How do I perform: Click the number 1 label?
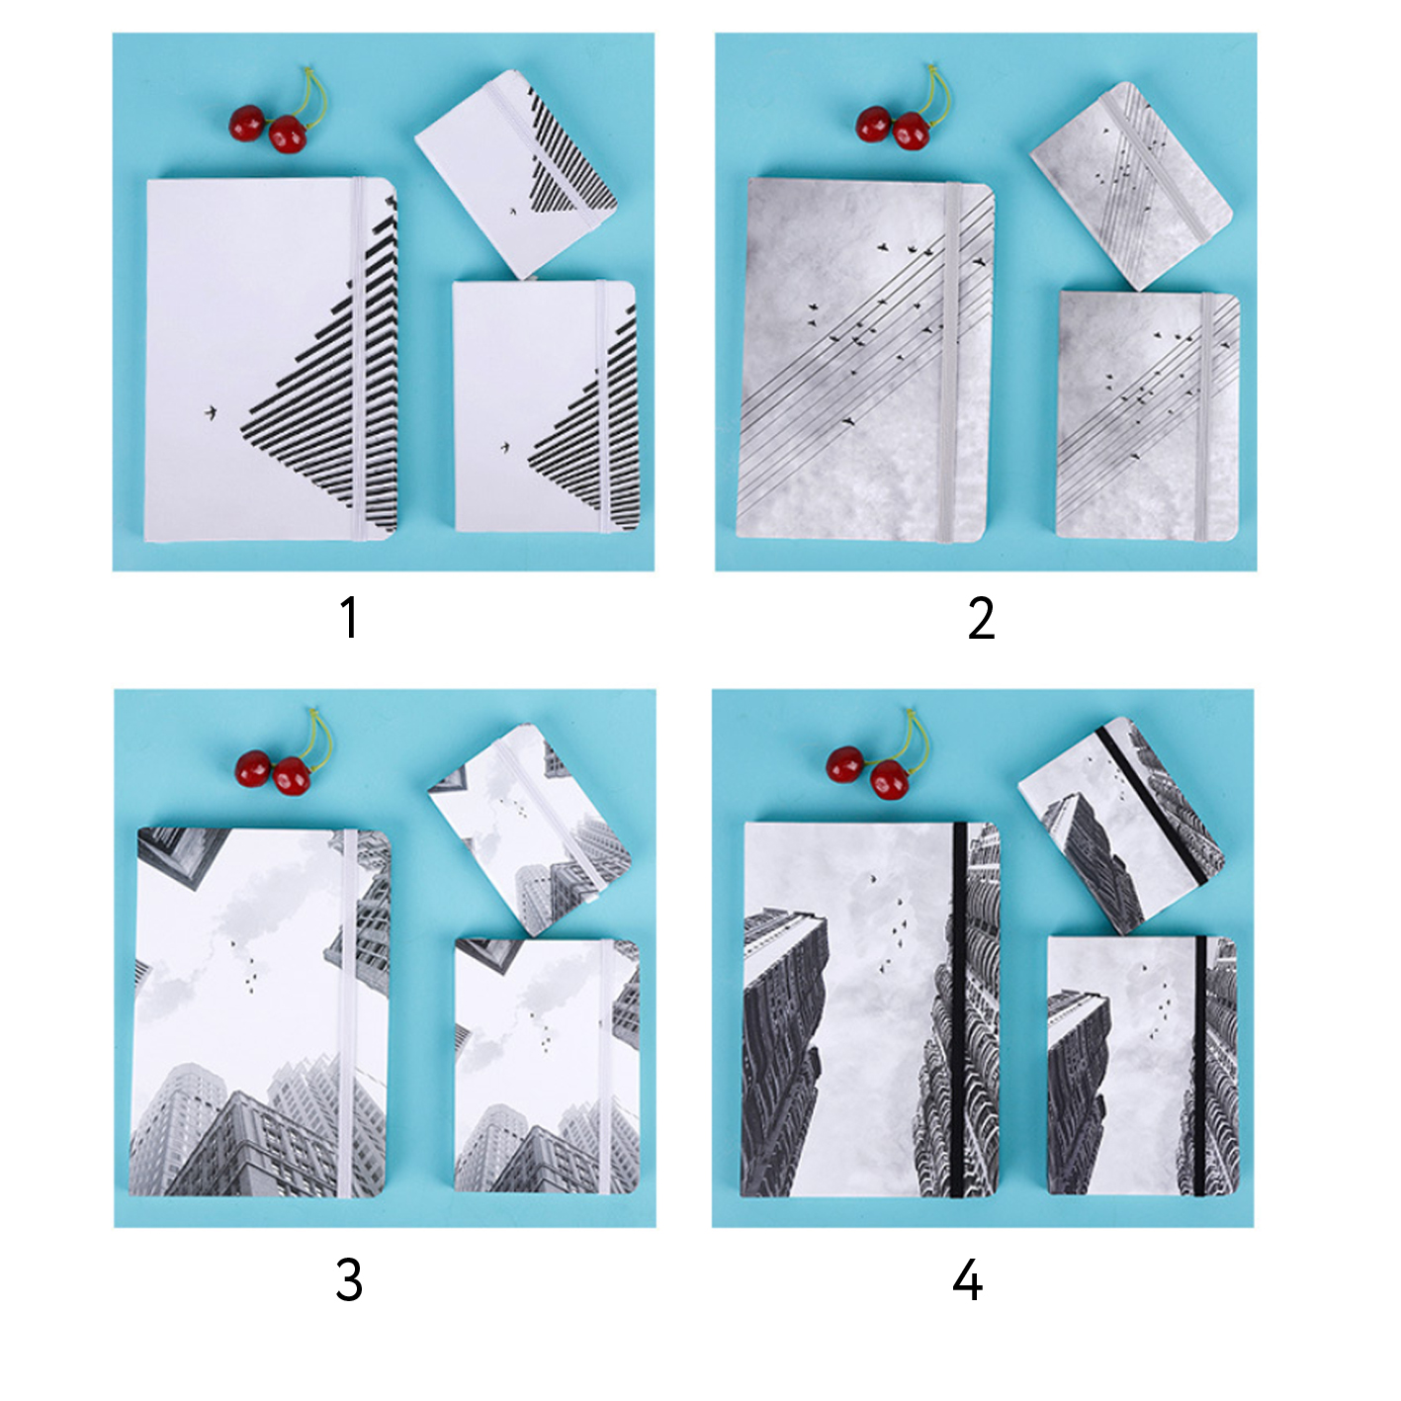[x=350, y=617]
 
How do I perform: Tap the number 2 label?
[x=981, y=617]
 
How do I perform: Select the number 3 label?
[x=349, y=1280]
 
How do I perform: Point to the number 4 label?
[x=968, y=1280]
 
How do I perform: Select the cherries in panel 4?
[x=879, y=757]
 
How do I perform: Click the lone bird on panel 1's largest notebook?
[x=211, y=413]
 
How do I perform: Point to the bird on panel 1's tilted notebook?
[x=512, y=213]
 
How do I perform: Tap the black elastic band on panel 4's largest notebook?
[x=959, y=1009]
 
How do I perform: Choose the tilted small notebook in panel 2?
[x=1130, y=186]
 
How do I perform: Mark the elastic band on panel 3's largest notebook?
[x=348, y=1015]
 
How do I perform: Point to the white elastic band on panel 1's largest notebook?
[x=359, y=359]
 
